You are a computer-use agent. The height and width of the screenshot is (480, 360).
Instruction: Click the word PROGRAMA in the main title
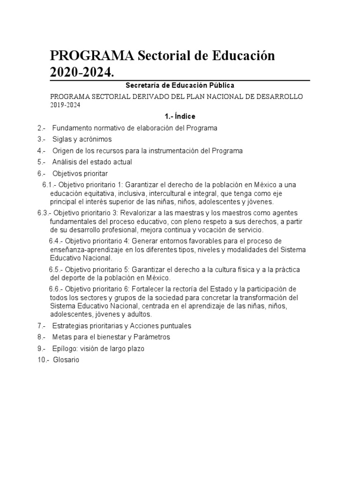(92, 57)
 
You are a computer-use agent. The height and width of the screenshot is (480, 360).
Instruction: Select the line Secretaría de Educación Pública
(180, 86)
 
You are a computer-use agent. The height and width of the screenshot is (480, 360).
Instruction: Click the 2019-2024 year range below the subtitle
(65, 105)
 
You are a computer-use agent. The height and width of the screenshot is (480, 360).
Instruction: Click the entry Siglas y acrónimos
(82, 139)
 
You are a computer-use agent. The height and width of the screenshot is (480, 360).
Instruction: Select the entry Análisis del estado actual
(92, 162)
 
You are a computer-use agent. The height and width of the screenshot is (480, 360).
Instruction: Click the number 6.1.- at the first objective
(49, 185)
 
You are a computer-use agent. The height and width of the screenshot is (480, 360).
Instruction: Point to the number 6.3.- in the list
(45, 213)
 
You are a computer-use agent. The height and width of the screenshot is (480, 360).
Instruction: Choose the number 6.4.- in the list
(56, 241)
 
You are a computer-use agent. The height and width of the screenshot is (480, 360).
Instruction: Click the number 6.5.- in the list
(56, 270)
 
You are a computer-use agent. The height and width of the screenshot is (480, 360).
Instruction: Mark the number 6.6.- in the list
(56, 289)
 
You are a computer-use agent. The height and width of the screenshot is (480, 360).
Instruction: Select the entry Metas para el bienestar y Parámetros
(111, 337)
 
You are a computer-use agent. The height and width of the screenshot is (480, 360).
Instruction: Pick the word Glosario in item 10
(66, 360)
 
